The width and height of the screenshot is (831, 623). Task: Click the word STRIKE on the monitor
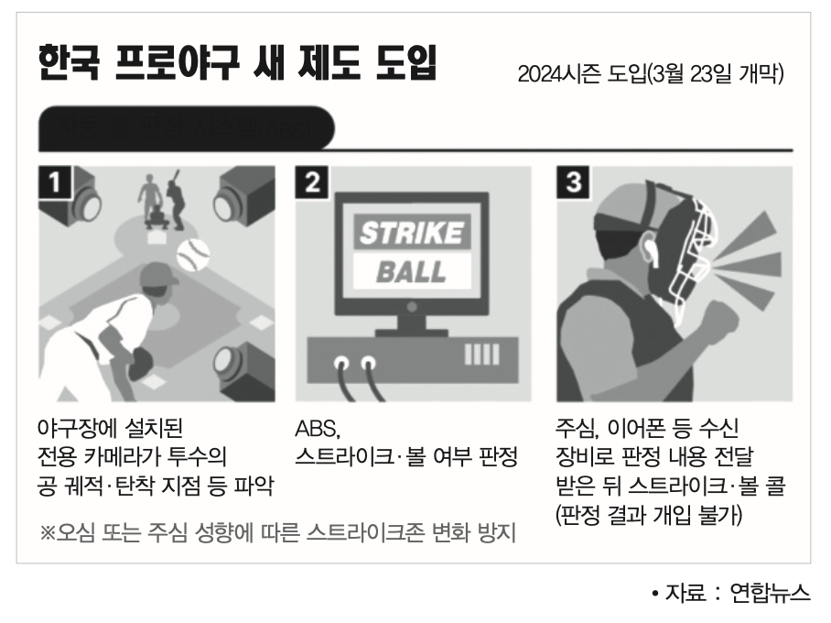point(410,234)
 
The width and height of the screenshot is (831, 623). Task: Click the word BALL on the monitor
point(411,271)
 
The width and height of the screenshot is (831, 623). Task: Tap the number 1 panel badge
point(55,182)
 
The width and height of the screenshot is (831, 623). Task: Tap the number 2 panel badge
point(312,182)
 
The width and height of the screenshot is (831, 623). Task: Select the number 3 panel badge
point(573,182)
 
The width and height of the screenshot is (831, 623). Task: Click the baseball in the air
point(193,255)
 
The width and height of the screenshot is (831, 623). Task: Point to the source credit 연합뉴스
point(770,593)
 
